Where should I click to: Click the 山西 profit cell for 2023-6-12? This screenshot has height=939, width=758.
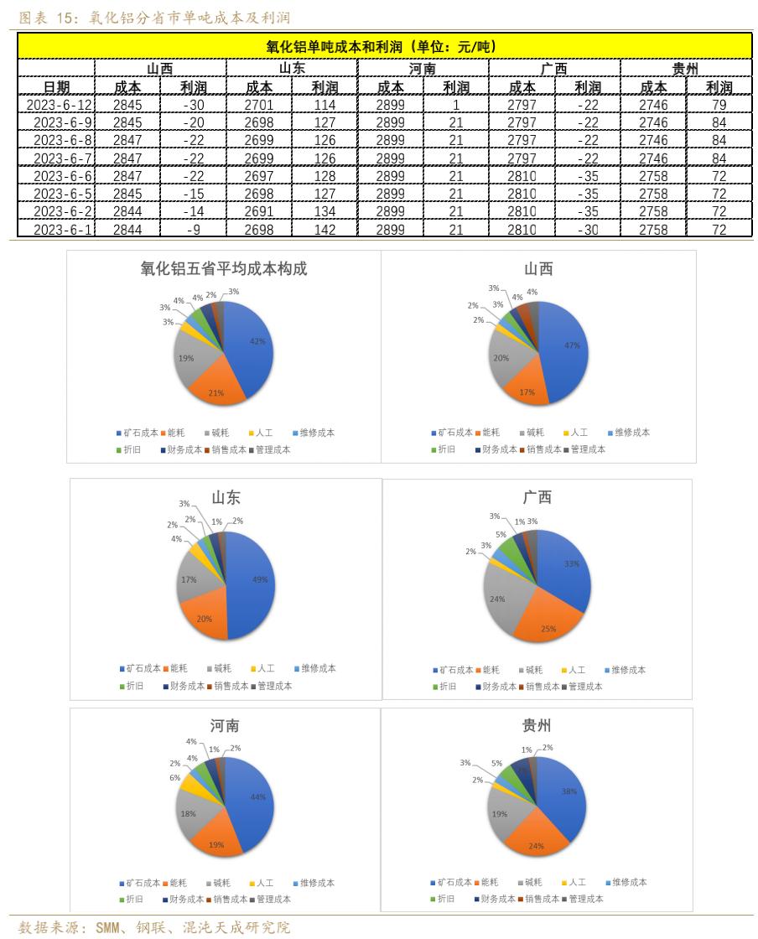[x=194, y=105]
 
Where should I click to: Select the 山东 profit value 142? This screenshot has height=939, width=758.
[x=324, y=230]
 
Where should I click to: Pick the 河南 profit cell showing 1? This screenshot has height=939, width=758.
[x=455, y=105]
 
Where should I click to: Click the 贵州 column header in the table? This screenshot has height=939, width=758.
[x=685, y=69]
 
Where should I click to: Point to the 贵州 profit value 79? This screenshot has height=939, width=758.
[x=719, y=105]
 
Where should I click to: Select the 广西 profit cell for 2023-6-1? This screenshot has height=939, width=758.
[x=588, y=230]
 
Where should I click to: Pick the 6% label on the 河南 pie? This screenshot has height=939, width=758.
[x=175, y=778]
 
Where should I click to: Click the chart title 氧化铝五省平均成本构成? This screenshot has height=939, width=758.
[x=224, y=269]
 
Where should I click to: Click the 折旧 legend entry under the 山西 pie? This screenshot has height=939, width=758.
[x=444, y=449]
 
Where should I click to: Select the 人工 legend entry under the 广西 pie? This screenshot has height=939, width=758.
[x=577, y=670]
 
